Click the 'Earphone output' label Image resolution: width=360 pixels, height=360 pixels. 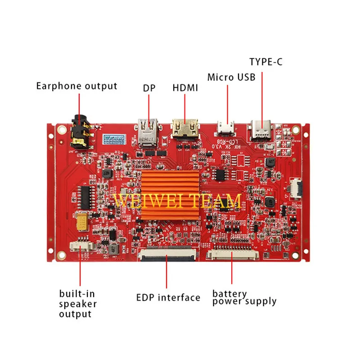(76, 86)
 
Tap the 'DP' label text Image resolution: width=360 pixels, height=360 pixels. (149, 88)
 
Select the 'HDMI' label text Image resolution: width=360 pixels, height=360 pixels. (185, 88)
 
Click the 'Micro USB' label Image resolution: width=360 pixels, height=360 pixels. (231, 77)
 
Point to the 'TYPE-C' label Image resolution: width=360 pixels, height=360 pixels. (266, 62)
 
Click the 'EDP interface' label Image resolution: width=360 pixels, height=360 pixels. (168, 297)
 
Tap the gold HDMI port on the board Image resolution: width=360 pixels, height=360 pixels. (185, 129)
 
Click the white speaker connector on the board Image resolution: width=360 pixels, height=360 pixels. (81, 246)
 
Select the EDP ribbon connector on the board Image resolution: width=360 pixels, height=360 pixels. (167, 255)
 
